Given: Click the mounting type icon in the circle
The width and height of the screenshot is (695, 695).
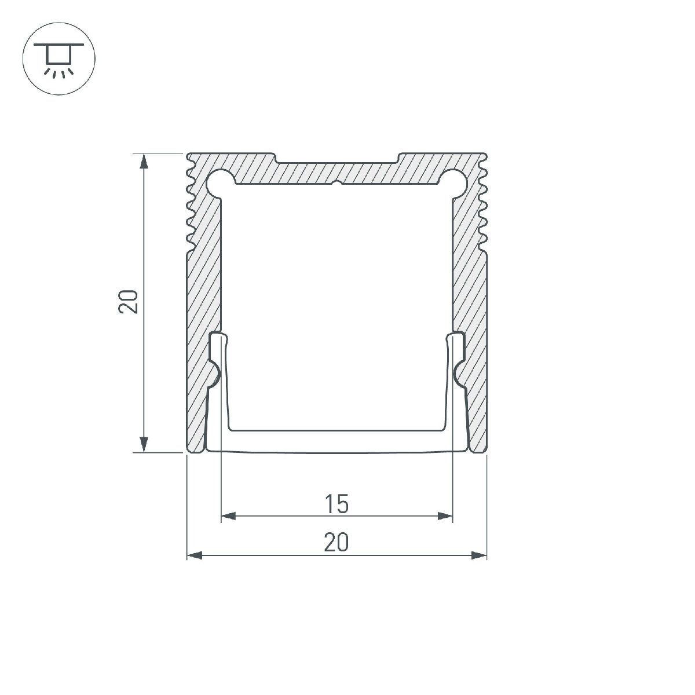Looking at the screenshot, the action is (59, 59).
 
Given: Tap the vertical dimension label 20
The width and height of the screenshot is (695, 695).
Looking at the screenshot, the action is (129, 301).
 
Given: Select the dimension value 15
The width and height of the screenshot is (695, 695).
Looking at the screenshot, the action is (336, 504).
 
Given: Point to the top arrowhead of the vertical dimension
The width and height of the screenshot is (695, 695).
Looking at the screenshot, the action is (144, 161).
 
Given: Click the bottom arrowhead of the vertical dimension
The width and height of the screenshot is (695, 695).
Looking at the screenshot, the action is (144, 444).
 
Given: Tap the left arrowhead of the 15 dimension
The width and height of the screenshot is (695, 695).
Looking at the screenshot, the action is (229, 516).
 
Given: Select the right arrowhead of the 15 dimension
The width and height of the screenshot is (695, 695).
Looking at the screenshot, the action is (445, 516).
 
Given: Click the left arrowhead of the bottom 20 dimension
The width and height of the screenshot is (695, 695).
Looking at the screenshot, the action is (195, 555).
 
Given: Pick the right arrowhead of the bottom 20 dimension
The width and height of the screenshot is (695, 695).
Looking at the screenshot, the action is (479, 555).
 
